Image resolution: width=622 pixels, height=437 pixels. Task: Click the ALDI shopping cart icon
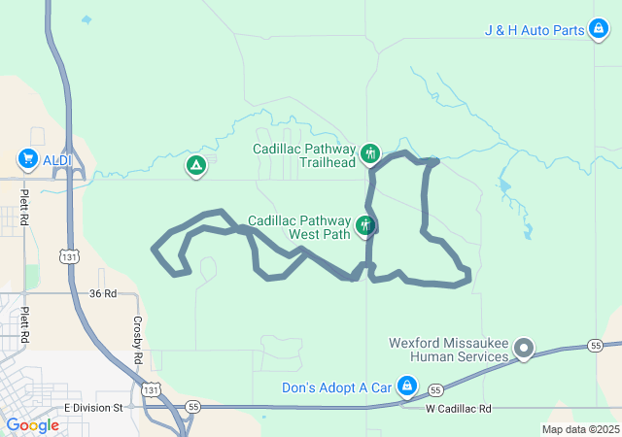point(27,158)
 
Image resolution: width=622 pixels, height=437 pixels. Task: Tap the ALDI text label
point(56,158)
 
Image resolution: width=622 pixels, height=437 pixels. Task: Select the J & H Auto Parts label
point(534,30)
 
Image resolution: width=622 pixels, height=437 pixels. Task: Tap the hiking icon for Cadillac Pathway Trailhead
point(369,153)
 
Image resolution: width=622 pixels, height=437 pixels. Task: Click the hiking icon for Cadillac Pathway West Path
point(365,226)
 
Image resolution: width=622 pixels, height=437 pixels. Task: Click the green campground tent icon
point(196,166)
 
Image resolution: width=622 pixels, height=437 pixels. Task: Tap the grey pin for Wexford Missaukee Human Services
point(524,348)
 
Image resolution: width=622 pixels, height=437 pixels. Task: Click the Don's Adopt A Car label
point(336,387)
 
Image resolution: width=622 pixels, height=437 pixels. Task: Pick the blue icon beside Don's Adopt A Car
point(407,387)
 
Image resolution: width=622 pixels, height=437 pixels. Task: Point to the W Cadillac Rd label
point(459,409)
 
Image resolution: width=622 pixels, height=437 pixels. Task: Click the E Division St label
point(93,408)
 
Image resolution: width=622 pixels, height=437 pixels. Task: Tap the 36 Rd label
point(102,292)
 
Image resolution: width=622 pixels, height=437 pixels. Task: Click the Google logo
point(33,424)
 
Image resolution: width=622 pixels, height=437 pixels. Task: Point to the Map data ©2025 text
point(580,429)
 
